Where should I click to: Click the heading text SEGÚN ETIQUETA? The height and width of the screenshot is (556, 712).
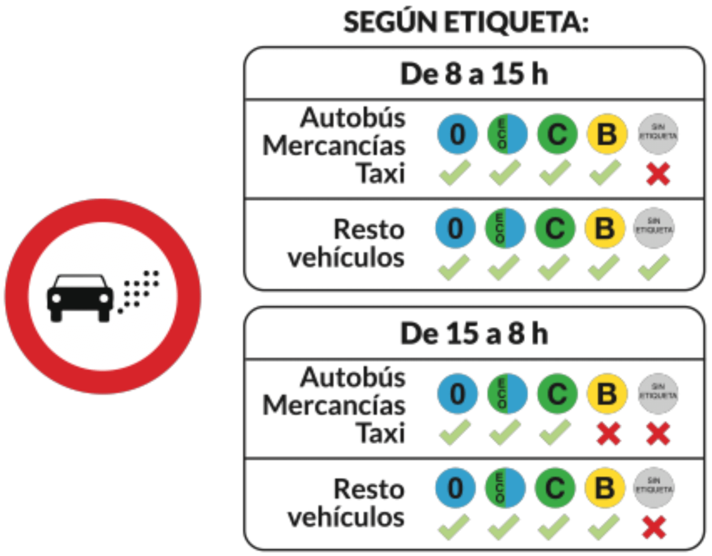coord(466,22)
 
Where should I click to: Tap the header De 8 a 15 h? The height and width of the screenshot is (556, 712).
coord(474,74)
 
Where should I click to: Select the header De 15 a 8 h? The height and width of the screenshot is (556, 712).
coord(474,334)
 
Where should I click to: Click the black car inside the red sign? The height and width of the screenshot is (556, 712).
coord(80,297)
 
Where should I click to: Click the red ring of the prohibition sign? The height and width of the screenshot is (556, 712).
coord(103,211)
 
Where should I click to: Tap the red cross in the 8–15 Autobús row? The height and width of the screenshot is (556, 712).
coord(658,174)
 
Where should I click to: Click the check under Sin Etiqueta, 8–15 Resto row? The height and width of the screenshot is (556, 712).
coord(654,267)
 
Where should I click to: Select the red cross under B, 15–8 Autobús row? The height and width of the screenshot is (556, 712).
coord(608,434)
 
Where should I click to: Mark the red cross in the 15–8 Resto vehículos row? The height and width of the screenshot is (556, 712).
coord(654,527)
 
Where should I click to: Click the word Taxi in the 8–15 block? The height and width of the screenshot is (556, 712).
coord(381,173)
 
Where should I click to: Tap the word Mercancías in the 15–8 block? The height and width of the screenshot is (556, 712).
coord(334,405)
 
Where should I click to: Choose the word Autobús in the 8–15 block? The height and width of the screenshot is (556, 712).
coord(353,118)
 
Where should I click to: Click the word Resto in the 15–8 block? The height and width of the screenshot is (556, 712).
coord(369,489)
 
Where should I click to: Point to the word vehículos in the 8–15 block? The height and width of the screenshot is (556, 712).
coord(346,257)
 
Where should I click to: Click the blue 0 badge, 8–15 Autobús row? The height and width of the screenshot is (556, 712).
coord(457,134)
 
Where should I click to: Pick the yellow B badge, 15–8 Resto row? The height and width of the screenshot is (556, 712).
coord(605,488)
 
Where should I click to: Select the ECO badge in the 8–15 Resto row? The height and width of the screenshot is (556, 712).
coord(505,228)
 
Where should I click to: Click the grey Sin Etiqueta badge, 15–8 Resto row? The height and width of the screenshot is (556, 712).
coord(654,488)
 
